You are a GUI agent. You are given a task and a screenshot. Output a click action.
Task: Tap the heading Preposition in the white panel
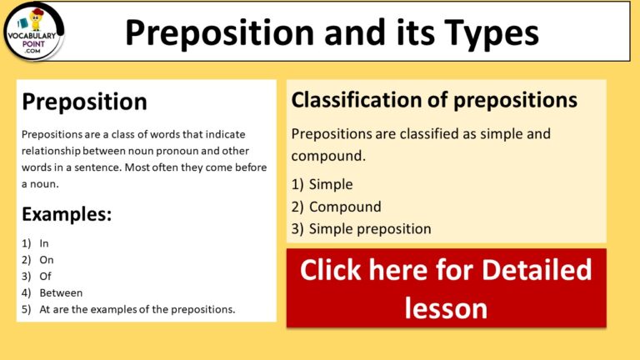pyautogui.click(x=84, y=102)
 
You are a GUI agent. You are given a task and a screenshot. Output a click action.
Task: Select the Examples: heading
pyautogui.click(x=67, y=214)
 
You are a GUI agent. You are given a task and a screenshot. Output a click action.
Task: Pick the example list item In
pyautogui.click(x=44, y=242)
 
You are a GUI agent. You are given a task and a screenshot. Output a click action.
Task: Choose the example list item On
pyautogui.click(x=47, y=259)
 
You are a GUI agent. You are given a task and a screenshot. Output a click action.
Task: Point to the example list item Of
pyautogui.click(x=46, y=276)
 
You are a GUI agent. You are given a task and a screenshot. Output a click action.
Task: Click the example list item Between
pyautogui.click(x=61, y=292)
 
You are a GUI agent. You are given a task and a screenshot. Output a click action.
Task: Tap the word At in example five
pyautogui.click(x=46, y=309)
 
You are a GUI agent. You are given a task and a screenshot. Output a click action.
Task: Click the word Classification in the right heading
pyautogui.click(x=351, y=101)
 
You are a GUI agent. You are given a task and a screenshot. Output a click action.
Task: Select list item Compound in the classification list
pyautogui.click(x=344, y=207)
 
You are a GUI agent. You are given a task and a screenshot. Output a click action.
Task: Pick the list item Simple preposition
pyautogui.click(x=369, y=228)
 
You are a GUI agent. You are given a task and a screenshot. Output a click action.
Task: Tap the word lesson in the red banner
pyautogui.click(x=446, y=307)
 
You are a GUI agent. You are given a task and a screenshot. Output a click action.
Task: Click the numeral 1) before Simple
pyautogui.click(x=297, y=184)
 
